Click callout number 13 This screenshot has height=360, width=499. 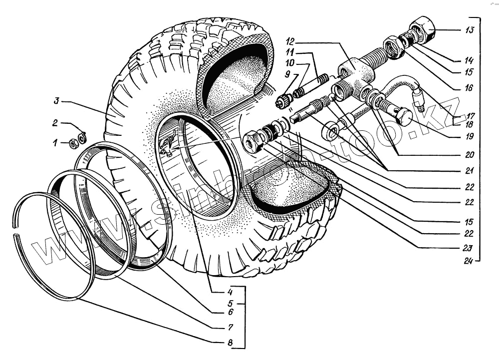click(469, 30)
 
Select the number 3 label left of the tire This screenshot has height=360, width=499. click(57, 101)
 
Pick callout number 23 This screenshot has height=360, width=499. click(468, 247)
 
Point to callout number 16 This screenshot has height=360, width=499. click(468, 88)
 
